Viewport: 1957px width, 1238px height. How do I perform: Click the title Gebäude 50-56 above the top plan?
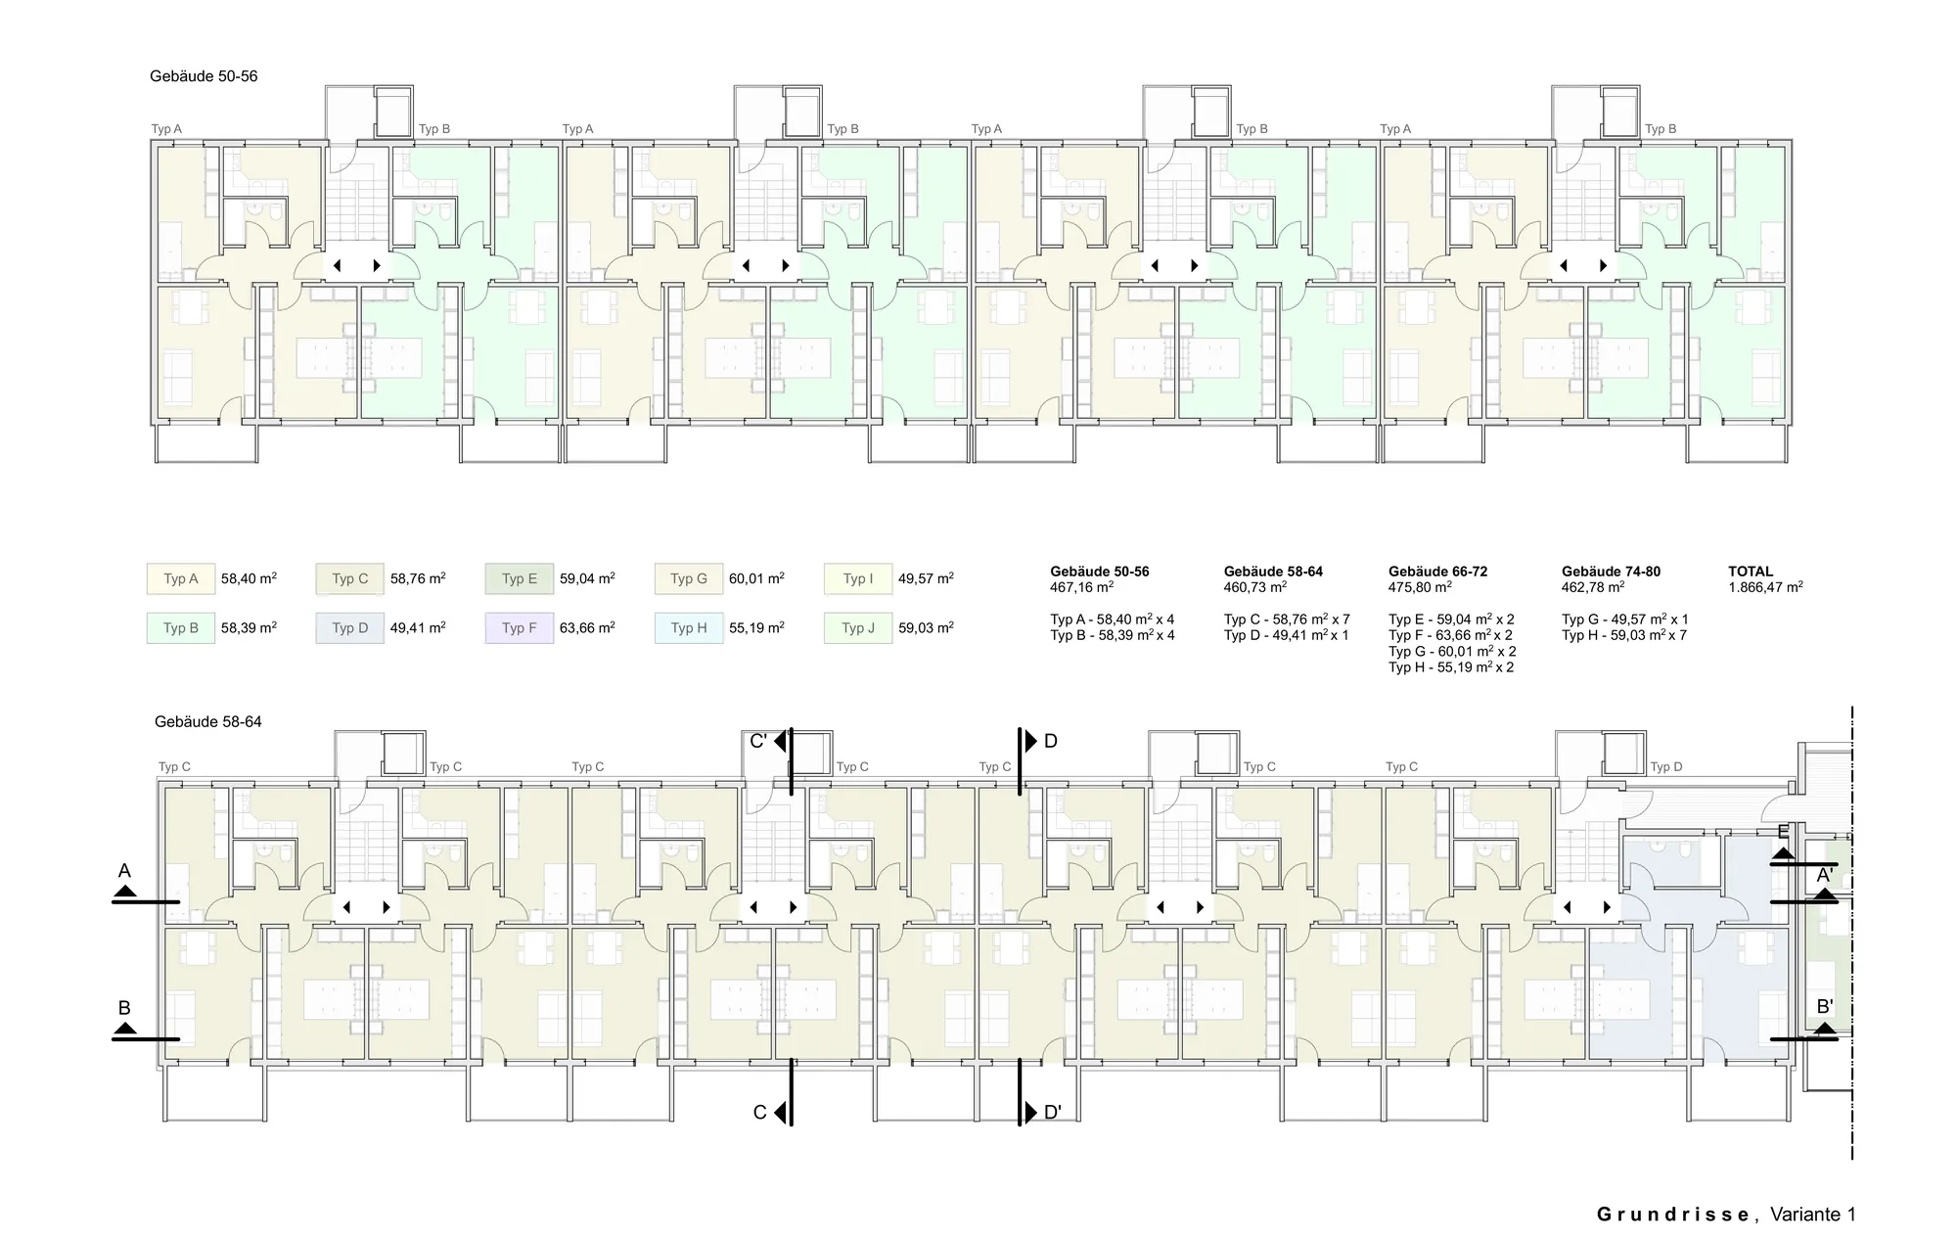(204, 76)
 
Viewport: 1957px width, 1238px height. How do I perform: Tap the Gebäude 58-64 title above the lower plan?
(208, 722)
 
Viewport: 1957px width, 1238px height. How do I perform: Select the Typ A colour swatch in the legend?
(181, 578)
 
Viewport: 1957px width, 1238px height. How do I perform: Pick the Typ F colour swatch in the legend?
(520, 627)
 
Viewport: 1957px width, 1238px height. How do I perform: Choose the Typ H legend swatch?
(689, 627)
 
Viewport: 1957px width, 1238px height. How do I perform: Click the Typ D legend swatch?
(350, 627)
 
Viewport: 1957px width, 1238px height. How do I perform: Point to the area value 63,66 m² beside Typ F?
(587, 627)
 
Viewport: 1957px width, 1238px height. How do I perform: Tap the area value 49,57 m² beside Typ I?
(926, 578)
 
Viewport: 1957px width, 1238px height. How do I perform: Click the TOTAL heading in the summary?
(1751, 572)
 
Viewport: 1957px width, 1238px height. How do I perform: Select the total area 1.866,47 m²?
(1766, 587)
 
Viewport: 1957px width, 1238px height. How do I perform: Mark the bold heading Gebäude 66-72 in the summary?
(1437, 572)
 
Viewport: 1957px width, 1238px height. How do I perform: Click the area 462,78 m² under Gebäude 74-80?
(1593, 587)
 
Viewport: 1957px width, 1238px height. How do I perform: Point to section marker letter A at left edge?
(124, 871)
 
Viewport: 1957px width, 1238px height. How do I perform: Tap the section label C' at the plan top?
(758, 742)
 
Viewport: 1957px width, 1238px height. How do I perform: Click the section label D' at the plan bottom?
(1053, 1113)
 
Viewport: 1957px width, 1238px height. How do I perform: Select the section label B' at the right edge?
(1825, 1006)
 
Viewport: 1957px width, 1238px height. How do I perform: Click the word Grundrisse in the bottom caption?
(1673, 1215)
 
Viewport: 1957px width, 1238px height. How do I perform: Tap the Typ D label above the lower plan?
(1666, 767)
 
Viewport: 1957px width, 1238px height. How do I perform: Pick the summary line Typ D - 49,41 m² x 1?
(1286, 635)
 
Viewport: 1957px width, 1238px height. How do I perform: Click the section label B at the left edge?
(124, 1008)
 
